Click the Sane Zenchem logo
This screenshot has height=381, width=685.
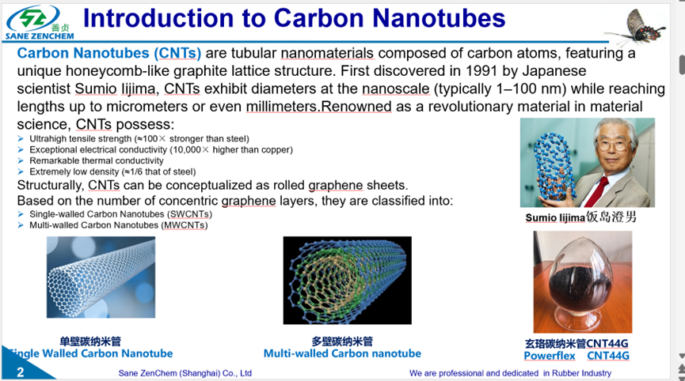[40, 23]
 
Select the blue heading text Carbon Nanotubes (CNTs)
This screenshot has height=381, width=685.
[109, 53]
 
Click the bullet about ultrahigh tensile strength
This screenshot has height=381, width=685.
[139, 138]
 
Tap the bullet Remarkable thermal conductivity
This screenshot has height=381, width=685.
[96, 160]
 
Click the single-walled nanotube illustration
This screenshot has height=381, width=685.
[101, 277]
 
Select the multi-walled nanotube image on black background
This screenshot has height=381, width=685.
[348, 281]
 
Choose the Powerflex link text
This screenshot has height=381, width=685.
[550, 356]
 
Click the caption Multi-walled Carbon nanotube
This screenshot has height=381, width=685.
[342, 353]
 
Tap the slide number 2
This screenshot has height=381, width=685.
[21, 372]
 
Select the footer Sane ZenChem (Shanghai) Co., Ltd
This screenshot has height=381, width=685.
[185, 373]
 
